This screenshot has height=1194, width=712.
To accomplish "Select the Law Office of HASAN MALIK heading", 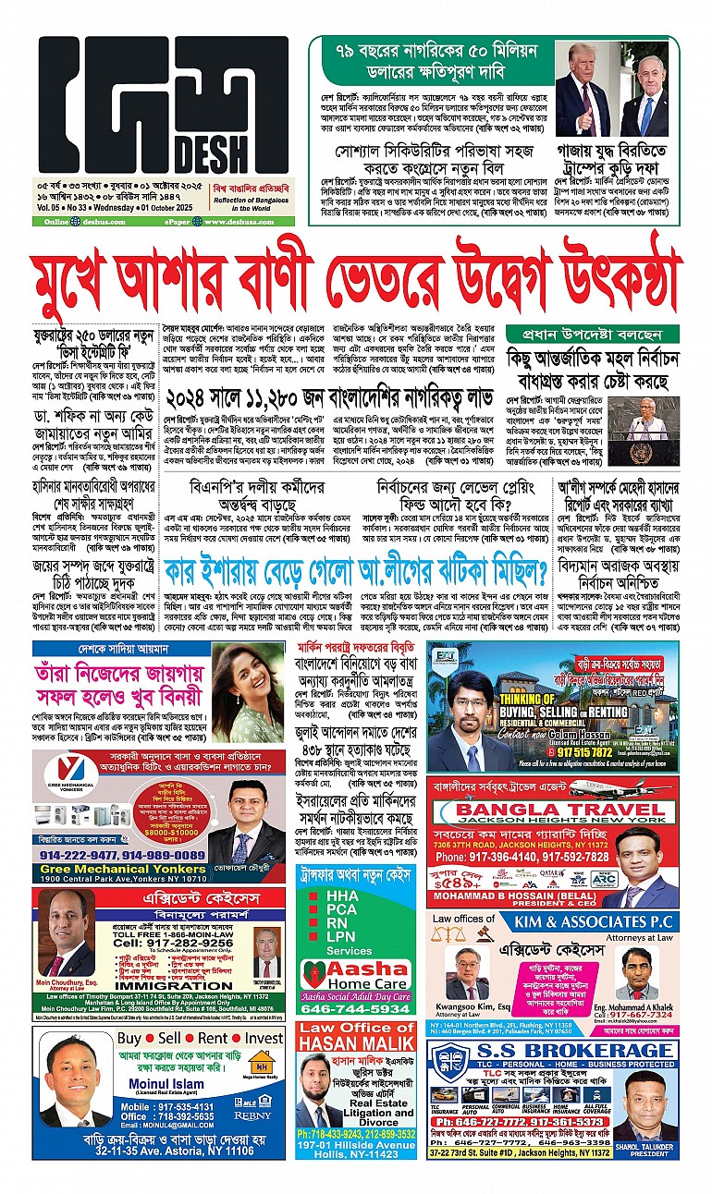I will tap(358, 1034).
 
